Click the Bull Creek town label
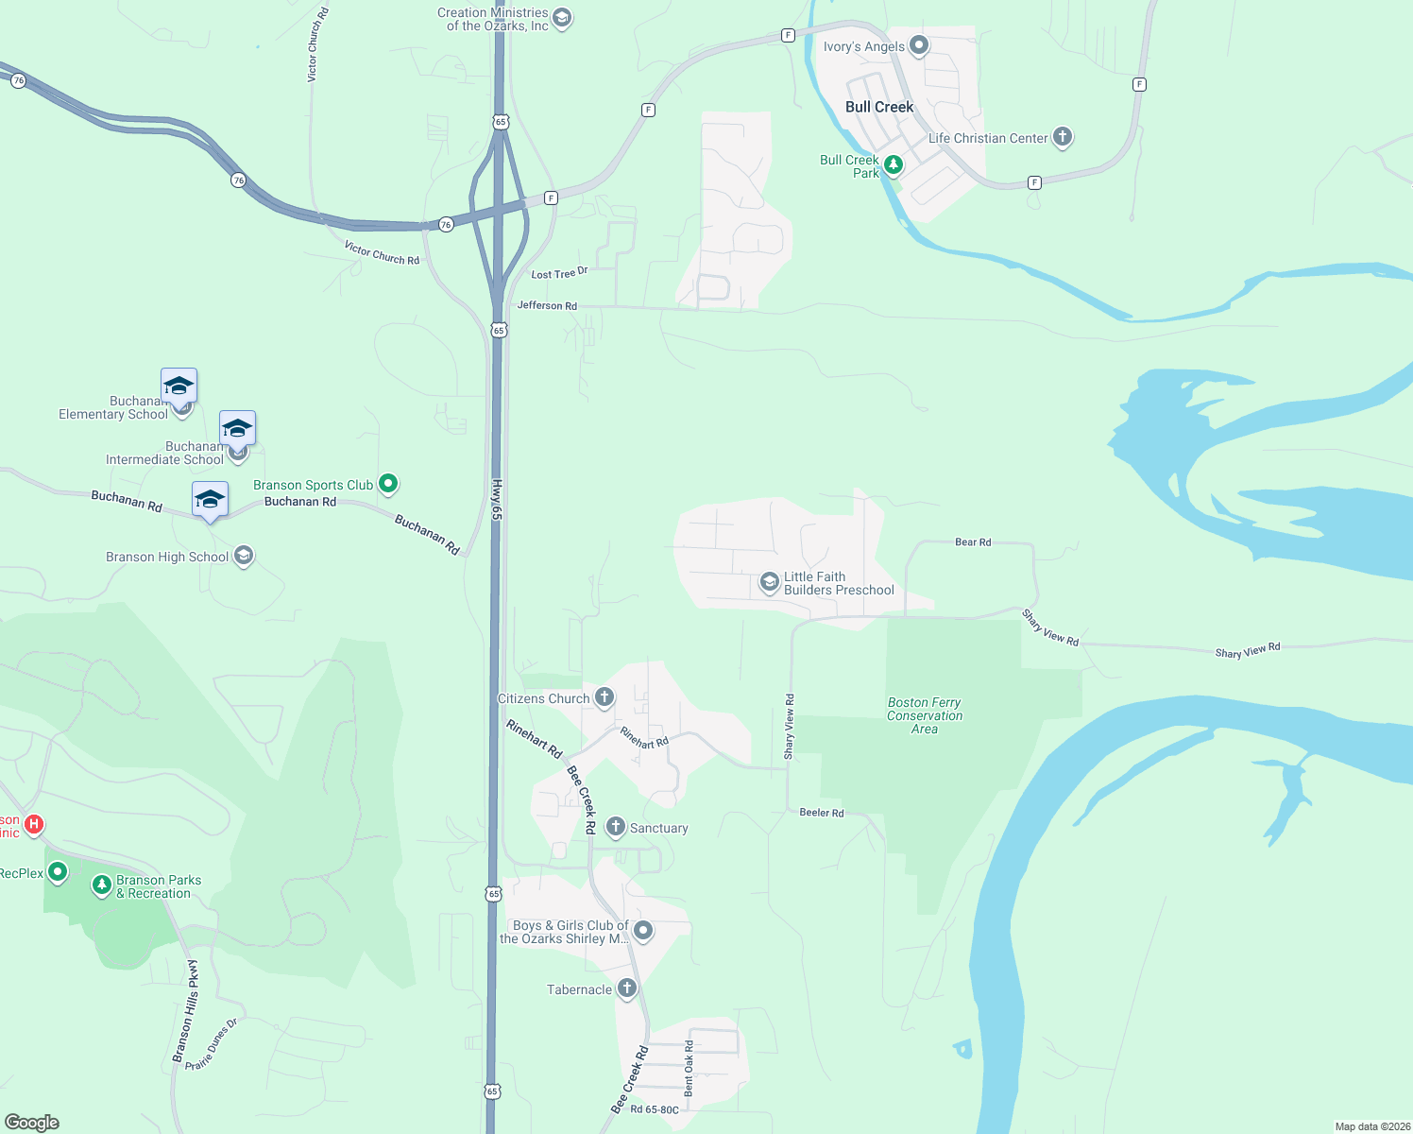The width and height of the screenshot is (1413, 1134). (879, 108)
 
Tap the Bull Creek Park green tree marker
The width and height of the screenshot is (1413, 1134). (893, 164)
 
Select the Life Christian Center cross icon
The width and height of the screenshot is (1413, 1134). (1063, 137)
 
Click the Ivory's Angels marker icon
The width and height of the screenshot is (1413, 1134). (918, 45)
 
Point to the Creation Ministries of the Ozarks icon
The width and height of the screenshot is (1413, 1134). (562, 18)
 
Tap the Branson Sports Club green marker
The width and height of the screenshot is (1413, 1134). (387, 484)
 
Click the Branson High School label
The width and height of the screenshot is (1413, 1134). (167, 558)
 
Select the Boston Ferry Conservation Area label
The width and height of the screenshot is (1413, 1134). (925, 715)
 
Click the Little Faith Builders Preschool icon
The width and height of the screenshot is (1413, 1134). (770, 582)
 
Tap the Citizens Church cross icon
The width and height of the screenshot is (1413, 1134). (604, 697)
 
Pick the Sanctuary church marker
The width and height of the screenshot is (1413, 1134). (616, 827)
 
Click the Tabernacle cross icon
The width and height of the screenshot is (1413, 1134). (626, 988)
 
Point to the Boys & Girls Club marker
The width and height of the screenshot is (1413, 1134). (643, 930)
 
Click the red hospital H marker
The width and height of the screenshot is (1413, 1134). (34, 824)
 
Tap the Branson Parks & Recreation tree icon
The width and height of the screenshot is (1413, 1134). (102, 885)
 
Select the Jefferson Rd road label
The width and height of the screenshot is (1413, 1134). (547, 305)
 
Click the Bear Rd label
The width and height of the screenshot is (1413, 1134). (973, 542)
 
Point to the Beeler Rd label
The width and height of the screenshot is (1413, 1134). (822, 813)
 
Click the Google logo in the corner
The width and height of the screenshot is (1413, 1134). (31, 1123)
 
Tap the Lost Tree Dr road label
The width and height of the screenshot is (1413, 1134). (559, 273)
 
